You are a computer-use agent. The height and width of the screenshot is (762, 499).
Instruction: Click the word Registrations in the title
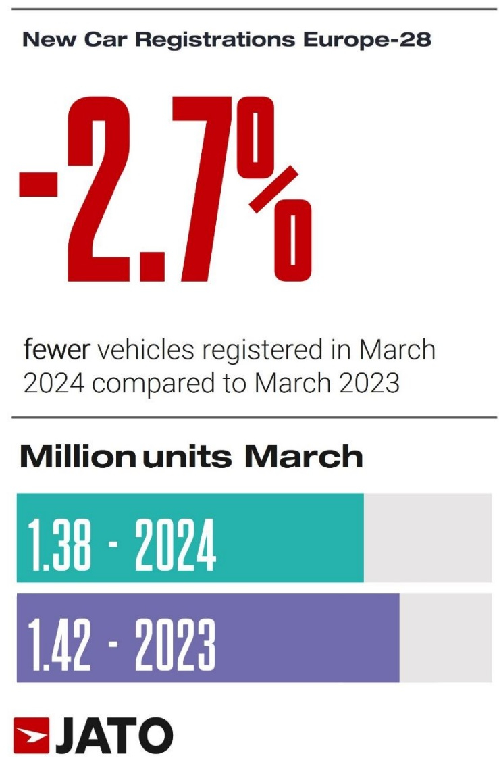point(215,40)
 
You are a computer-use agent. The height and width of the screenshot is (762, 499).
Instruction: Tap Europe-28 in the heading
point(367,39)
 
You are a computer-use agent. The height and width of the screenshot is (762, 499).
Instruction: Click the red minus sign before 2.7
point(38,182)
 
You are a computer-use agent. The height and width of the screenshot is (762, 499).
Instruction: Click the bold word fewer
point(57,349)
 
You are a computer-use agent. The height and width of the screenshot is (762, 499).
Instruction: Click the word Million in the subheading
point(78,457)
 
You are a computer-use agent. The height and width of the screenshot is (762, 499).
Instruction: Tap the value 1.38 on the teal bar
point(59,544)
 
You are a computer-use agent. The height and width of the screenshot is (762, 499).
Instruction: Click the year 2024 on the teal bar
point(176,544)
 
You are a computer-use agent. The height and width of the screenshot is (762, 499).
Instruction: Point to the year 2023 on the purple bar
point(176,644)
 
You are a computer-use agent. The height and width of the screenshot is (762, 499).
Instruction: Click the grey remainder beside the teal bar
point(427,538)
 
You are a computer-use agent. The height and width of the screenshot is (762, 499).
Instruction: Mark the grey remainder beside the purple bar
point(446,638)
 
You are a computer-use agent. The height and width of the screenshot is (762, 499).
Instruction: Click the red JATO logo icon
point(32,735)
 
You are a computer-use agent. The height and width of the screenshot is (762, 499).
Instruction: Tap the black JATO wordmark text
point(114,735)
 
